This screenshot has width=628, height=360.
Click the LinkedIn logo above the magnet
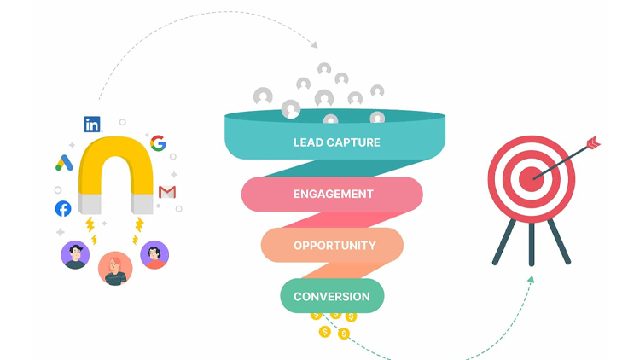[x=92, y=124]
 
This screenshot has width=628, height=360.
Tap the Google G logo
[x=158, y=143]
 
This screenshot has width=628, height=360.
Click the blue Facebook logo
[x=63, y=208]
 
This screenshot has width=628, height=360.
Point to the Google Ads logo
[x=65, y=161]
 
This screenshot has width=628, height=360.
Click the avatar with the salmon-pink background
[x=114, y=267]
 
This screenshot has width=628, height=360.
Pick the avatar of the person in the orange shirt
[x=154, y=255]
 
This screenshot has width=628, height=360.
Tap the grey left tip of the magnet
[x=91, y=203]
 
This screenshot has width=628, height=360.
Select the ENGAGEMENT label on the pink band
[x=333, y=194]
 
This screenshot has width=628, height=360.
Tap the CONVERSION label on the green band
[x=332, y=297]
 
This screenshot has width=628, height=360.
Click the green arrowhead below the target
[x=531, y=279]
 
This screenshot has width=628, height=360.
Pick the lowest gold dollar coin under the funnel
[x=344, y=334]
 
